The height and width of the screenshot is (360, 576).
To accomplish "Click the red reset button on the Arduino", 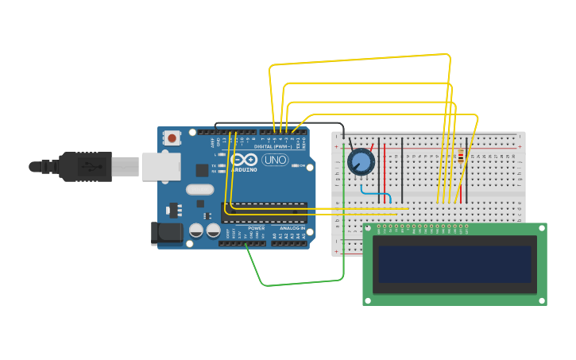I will coord(172,137).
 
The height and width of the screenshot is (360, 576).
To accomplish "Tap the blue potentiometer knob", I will coord(361,162).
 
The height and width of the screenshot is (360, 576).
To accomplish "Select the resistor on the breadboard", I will coord(461,156).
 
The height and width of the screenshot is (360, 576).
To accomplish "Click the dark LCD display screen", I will coord(454,264).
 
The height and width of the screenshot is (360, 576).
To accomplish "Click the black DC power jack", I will coord(166,233).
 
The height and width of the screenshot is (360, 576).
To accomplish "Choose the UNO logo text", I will coord(275,160).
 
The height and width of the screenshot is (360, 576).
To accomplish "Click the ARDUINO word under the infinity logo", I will coord(244,169).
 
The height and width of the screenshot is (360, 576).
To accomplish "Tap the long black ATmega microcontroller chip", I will coord(264,212).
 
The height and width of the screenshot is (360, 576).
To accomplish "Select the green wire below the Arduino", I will coord(302,281).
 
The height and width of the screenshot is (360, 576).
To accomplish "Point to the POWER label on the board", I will coord(256,228).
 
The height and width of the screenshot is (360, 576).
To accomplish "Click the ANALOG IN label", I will coord(292,228).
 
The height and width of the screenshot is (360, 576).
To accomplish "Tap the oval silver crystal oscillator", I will coord(200,190).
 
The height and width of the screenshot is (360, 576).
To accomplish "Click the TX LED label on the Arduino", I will coord(213,165).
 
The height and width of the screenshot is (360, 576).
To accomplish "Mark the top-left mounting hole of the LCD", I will coord(368,228).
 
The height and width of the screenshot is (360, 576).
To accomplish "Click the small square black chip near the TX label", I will coord(202,169).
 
